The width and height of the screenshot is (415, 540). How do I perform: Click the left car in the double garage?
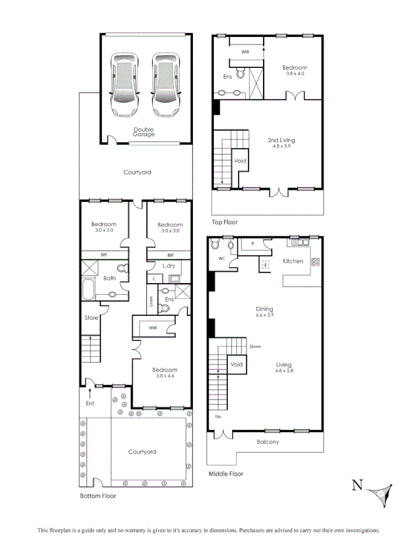[126, 85]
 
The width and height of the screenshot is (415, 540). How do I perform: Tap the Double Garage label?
[144, 132]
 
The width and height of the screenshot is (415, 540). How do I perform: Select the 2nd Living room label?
[281, 140]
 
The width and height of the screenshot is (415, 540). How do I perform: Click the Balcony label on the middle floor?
[268, 442]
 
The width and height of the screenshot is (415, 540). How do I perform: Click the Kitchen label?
[293, 261]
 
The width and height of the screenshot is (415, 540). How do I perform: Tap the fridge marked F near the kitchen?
[266, 264]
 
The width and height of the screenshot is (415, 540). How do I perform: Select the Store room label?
[91, 318]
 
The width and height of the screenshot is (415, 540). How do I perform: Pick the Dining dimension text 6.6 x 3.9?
[264, 315]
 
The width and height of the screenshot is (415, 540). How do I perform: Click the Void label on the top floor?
[240, 161]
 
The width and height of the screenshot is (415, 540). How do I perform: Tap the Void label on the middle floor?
[236, 364]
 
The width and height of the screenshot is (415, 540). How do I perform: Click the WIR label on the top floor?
[245, 52]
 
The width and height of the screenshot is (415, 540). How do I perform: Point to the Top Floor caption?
[224, 222]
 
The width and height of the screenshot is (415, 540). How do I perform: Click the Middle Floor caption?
[226, 474]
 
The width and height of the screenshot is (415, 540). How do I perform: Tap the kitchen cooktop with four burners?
[316, 262]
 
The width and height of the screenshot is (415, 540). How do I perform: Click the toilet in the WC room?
[216, 244]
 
